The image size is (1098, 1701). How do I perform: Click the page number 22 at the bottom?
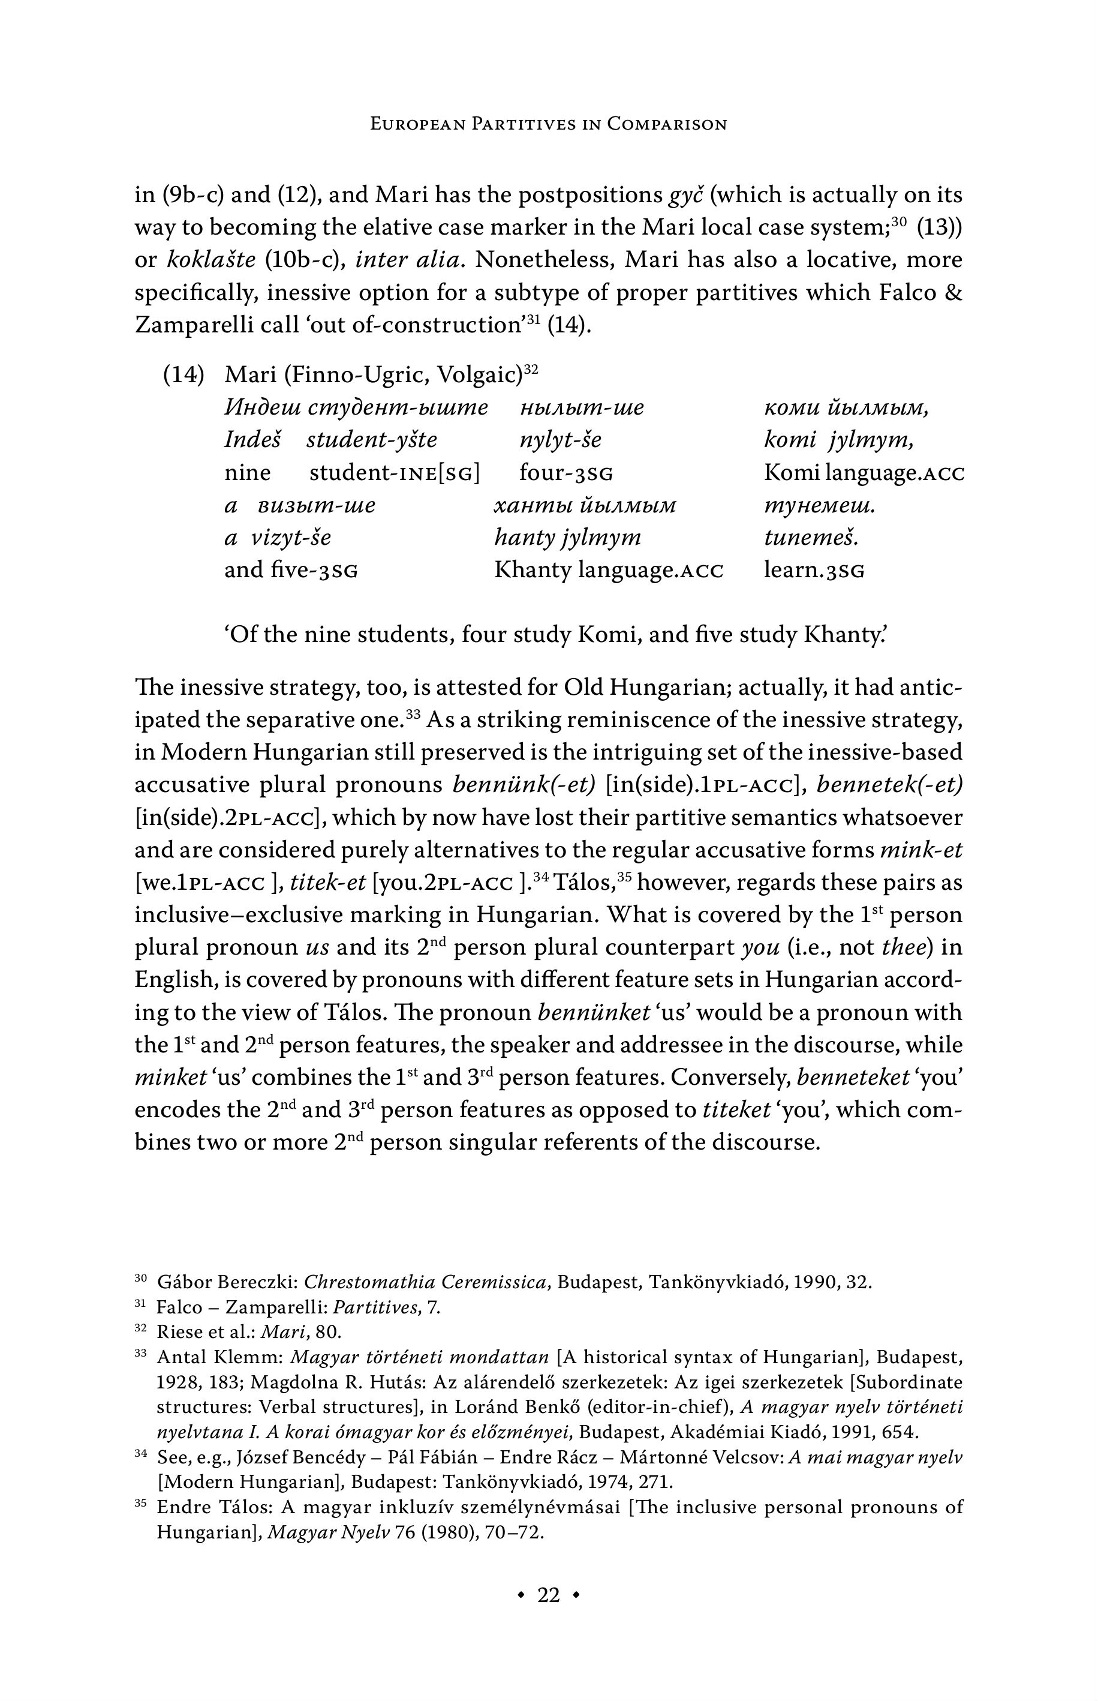click(548, 1595)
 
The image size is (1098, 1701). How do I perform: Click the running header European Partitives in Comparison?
click(548, 124)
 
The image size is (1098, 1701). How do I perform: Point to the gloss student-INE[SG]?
click(394, 473)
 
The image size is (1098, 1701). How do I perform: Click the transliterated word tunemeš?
click(811, 537)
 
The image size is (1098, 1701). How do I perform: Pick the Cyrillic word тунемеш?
click(819, 506)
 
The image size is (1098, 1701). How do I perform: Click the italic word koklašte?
click(210, 260)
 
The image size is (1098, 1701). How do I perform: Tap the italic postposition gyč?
click(686, 196)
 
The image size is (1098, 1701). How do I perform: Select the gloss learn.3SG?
click(814, 571)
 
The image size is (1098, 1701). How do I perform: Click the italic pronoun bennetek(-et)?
click(890, 785)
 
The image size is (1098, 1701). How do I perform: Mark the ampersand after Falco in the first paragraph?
click(952, 292)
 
